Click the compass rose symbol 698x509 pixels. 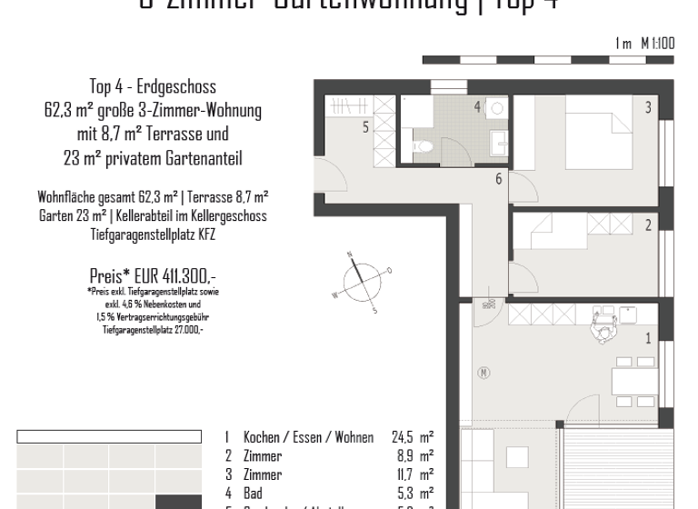coord(362,281)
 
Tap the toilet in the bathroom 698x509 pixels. coord(423,145)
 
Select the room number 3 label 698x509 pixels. coord(648,108)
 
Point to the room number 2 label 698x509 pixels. coord(648,225)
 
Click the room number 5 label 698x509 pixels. coord(366,128)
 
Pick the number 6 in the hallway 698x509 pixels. coord(498,179)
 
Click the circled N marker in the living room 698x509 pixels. coord(484,372)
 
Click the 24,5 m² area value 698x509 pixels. coord(412,437)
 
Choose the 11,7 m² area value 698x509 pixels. coord(414,474)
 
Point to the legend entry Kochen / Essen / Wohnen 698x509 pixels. coord(308,437)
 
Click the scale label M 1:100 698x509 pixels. coord(657,44)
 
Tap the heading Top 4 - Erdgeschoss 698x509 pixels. coord(153,87)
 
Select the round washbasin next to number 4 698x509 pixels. coord(497,108)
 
